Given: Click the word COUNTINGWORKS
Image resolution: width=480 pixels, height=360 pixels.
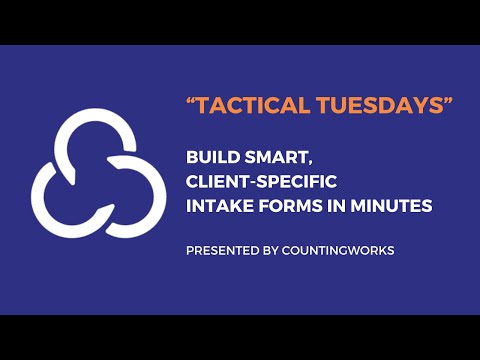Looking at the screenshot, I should [339, 250].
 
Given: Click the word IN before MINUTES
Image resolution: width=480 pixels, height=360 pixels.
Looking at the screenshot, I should [338, 206].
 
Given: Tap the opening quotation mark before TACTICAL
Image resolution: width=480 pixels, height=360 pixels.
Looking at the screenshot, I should [191, 103].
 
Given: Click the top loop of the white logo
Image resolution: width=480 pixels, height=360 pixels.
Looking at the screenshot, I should [99, 126].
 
